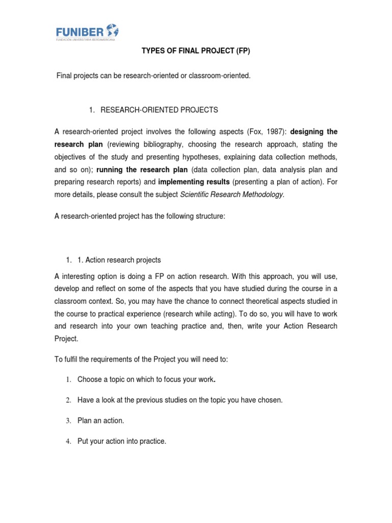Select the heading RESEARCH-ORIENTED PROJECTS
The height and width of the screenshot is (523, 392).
click(159, 110)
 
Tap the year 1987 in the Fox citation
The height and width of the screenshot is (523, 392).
click(274, 132)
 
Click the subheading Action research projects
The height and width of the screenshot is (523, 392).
click(119, 260)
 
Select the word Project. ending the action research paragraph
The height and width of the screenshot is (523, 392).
click(66, 338)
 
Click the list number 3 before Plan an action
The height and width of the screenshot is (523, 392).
click(67, 421)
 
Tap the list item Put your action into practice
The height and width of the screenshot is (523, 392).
click(121, 441)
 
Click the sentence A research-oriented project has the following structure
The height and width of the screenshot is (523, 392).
click(139, 216)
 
